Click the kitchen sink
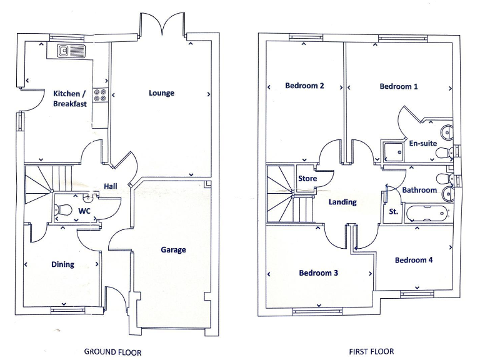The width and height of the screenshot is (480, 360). tap(69, 50)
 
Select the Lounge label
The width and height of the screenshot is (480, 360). tap(161, 93)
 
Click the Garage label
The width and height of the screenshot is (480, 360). tap(173, 250)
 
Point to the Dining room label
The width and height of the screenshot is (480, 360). tap(62, 264)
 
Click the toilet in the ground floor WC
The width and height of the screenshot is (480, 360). tap(60, 211)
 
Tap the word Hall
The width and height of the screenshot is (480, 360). tap(111, 186)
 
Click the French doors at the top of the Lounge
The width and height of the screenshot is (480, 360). tap(162, 25)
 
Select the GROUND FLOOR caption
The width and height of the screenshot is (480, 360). tap(112, 352)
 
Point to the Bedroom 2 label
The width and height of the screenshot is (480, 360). tap(304, 86)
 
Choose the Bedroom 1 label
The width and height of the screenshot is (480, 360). tap(399, 86)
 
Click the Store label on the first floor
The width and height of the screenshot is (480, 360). tap(307, 179)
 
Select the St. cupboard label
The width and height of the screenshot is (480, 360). tap(394, 212)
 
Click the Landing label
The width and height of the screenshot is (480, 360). tap(342, 202)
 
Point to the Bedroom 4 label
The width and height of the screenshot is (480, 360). tap(414, 260)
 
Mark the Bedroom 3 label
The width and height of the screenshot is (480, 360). tap(318, 273)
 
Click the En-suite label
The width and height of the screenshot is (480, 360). tap(422, 143)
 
